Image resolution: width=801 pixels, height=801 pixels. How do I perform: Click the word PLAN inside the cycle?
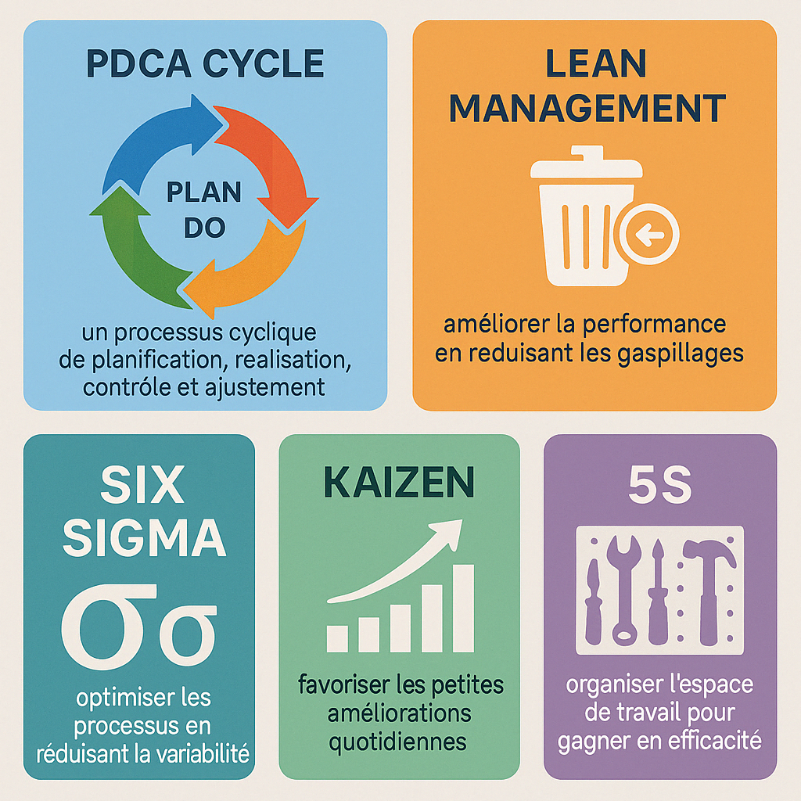[205, 192]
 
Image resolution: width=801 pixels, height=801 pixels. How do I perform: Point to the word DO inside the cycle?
[204, 228]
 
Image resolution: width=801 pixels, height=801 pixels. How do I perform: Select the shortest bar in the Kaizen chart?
[337, 638]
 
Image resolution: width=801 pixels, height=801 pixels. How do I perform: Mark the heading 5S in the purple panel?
[660, 486]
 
